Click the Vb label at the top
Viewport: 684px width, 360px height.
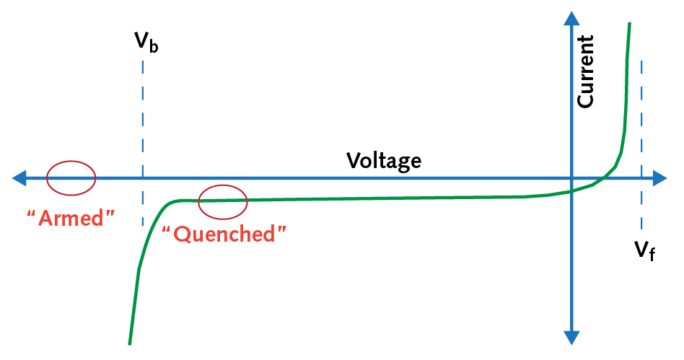[x=146, y=43]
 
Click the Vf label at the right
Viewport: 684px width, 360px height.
[x=644, y=250]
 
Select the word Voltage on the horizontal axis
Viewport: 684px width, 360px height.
[x=383, y=159]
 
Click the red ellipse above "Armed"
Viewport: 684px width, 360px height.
[x=71, y=177]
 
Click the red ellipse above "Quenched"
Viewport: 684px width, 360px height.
[x=223, y=202]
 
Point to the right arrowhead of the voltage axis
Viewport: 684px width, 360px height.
[x=659, y=177]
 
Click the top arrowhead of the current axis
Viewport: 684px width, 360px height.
[x=571, y=17]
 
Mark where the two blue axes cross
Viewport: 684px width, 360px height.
[x=571, y=177]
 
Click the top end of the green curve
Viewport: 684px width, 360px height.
[x=630, y=25]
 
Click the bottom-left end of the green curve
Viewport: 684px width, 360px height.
[x=130, y=342]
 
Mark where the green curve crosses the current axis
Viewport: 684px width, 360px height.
[x=571, y=191]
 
